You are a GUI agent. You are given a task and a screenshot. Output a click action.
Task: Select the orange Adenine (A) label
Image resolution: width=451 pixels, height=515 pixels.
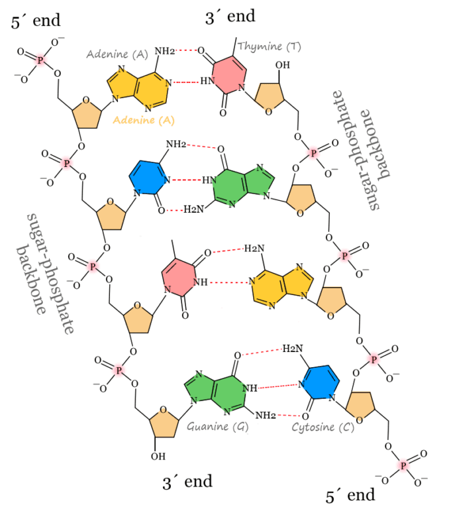point(144,120)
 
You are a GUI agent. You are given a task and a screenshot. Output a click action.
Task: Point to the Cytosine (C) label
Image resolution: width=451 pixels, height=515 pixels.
point(323,428)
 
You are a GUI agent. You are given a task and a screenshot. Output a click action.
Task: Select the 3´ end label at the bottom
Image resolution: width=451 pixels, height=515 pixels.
point(187,482)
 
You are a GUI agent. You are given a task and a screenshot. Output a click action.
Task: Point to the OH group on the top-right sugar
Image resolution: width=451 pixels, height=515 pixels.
point(283,65)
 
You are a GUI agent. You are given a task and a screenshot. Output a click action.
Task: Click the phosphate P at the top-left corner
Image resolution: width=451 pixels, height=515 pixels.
point(41,60)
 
